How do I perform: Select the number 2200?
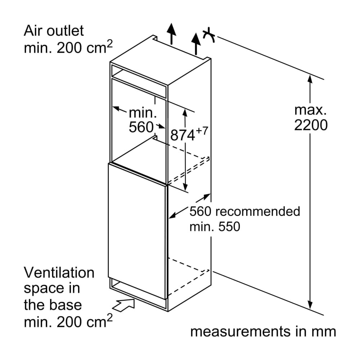point(311,125)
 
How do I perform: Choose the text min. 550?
point(215,226)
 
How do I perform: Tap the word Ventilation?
point(59,273)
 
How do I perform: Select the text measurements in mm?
point(263,331)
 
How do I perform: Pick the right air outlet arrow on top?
point(196,41)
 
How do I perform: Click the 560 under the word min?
point(141,127)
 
